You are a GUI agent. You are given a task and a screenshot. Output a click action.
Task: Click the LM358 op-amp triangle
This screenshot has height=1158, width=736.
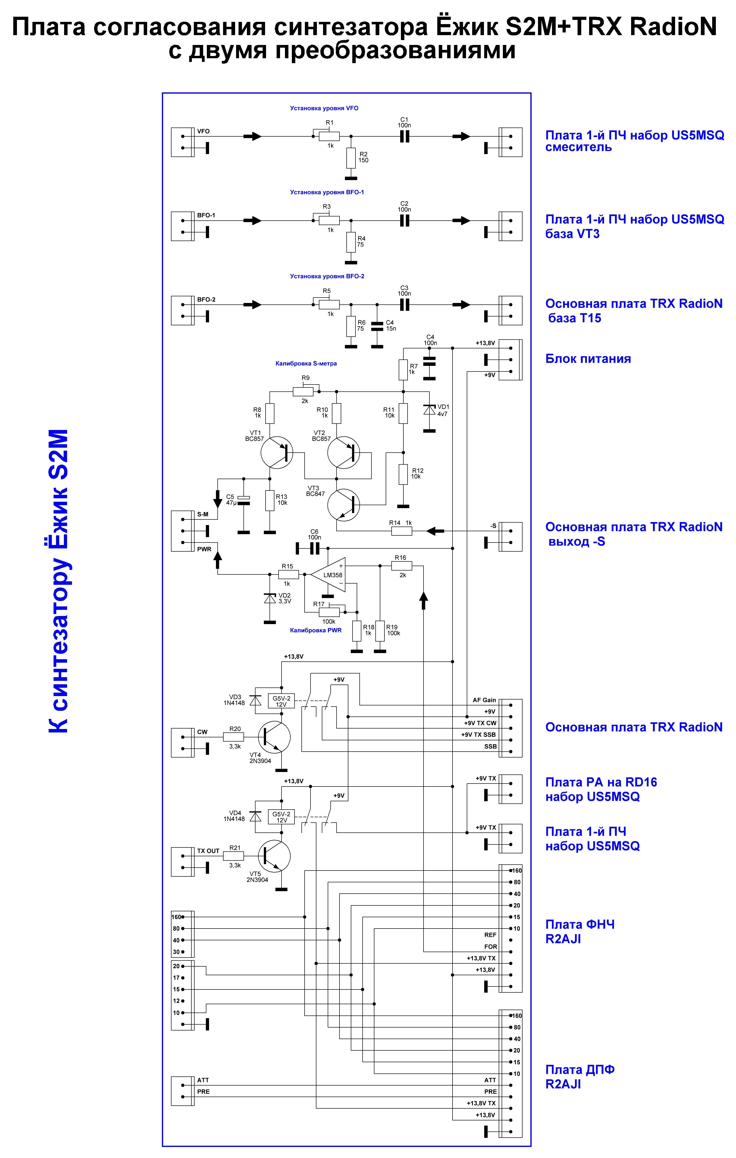(x=328, y=575)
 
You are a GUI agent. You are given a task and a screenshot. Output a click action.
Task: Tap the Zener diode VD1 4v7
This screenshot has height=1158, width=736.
(x=429, y=410)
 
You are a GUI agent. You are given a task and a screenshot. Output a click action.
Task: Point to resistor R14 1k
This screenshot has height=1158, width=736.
(x=402, y=531)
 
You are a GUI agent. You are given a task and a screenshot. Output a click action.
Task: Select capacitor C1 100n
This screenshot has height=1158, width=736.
(x=404, y=137)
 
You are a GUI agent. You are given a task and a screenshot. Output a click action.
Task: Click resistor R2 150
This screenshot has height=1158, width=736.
(x=351, y=158)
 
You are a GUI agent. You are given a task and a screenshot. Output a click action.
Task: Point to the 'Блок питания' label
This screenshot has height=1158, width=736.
(x=588, y=359)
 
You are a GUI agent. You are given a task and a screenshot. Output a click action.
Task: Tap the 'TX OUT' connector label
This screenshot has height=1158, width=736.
(x=208, y=851)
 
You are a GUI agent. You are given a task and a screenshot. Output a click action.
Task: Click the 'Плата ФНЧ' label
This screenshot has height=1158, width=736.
(x=580, y=924)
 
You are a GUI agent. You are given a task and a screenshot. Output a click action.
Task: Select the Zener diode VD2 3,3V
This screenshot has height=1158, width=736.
(x=270, y=599)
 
